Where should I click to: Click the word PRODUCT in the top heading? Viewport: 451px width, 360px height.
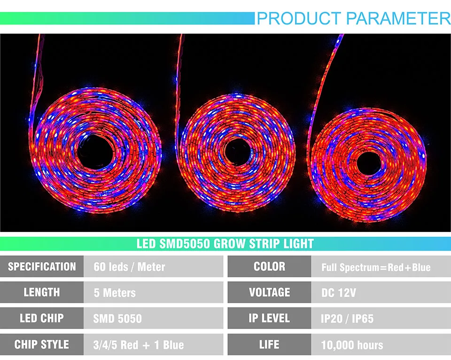[x=299, y=18]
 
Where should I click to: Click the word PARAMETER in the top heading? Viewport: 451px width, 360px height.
[x=398, y=18]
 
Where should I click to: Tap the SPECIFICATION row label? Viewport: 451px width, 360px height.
[x=42, y=266]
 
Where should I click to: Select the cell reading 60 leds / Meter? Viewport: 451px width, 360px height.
[x=153, y=266]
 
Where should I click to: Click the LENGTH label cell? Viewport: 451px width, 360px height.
[x=42, y=292]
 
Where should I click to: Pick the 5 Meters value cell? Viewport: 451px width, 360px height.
[x=153, y=292]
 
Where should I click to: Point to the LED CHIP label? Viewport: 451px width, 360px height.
[x=42, y=318]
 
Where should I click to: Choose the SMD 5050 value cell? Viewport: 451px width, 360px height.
[x=153, y=318]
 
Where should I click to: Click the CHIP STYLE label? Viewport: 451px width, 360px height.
[x=42, y=344]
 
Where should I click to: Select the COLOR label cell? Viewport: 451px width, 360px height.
[x=269, y=266]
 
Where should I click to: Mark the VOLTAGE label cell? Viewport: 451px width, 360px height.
[x=269, y=292]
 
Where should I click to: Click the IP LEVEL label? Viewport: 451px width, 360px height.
[x=269, y=318]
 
